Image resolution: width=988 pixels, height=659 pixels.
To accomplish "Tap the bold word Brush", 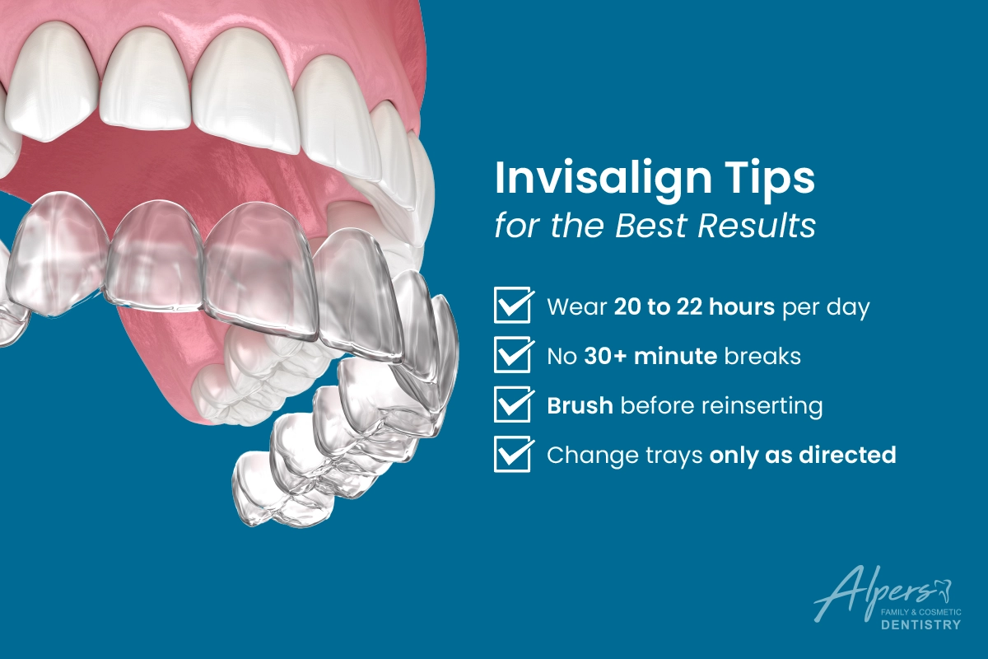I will (x=580, y=405).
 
